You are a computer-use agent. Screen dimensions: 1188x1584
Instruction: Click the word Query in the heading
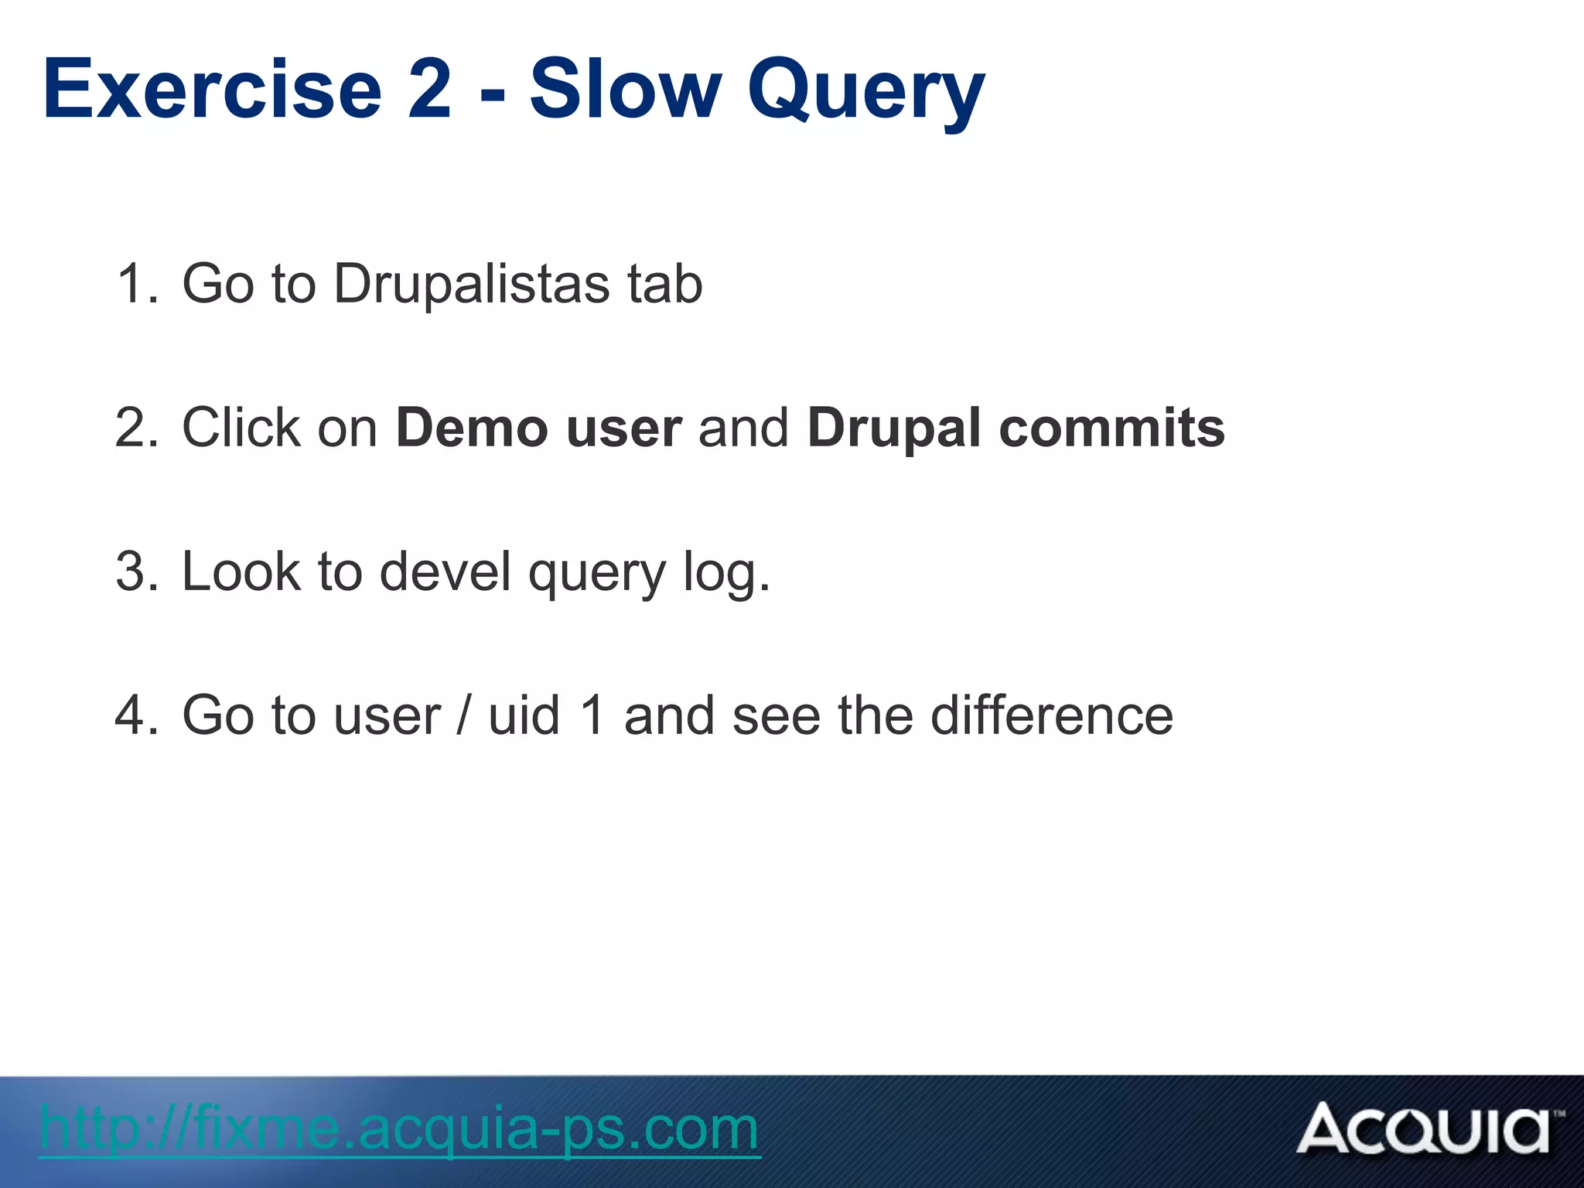pyautogui.click(x=865, y=93)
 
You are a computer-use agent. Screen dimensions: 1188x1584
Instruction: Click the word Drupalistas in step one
pyautogui.click(x=471, y=285)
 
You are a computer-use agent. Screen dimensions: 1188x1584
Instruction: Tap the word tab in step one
pyautogui.click(x=664, y=285)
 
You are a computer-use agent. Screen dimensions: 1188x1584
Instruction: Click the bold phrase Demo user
pyautogui.click(x=539, y=428)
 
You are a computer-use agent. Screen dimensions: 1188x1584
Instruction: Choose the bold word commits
pyautogui.click(x=1111, y=428)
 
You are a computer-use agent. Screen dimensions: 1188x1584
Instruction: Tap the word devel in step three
pyautogui.click(x=445, y=572)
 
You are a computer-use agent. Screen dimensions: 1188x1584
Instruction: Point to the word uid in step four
pyautogui.click(x=524, y=716)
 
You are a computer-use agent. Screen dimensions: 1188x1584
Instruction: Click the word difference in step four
pyautogui.click(x=1051, y=716)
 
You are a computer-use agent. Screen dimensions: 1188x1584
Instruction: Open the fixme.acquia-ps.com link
pyautogui.click(x=399, y=1130)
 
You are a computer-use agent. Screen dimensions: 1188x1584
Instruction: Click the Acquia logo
pyautogui.click(x=1428, y=1130)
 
